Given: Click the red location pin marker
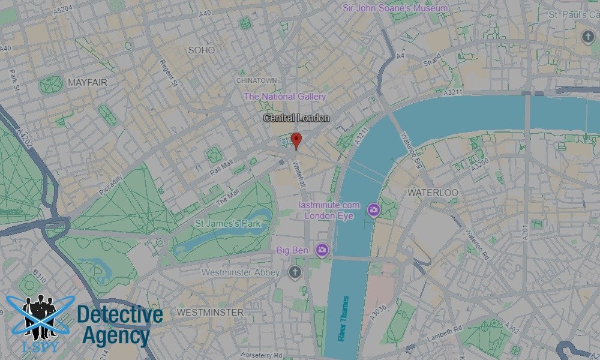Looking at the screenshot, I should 296,140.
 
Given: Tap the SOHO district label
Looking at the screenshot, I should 201,50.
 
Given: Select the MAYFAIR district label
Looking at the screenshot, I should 88,82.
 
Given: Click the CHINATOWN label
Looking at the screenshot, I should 257,80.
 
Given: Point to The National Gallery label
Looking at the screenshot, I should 285,96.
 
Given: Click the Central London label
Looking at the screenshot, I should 296,118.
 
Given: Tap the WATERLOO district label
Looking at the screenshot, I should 433,193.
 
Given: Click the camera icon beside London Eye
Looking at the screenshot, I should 374,209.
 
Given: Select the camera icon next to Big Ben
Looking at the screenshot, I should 322,250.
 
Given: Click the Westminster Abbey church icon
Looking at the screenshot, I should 294,272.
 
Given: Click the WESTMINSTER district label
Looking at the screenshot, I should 210,313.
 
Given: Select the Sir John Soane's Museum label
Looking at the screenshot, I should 395,8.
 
